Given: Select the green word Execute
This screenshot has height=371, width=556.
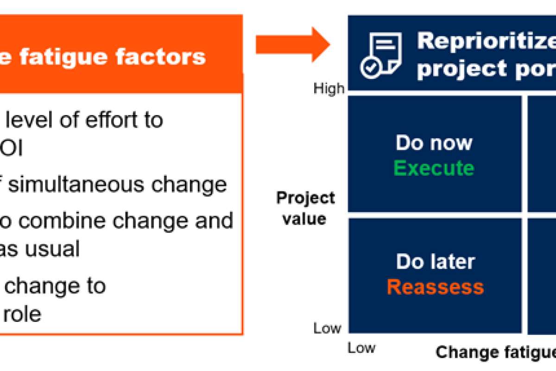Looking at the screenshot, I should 434,168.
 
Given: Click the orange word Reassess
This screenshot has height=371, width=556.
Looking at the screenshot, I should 435,287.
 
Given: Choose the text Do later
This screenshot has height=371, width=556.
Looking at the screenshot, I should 436,262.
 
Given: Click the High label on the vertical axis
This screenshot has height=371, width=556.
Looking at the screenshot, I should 329,89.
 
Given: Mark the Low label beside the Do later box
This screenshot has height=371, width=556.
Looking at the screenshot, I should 328,328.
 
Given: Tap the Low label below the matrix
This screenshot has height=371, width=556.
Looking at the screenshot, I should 361,348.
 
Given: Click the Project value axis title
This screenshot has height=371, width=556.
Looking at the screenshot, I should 305,208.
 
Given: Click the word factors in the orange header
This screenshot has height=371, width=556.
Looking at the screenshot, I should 160,57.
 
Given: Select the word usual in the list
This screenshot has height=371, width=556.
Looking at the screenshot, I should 52,249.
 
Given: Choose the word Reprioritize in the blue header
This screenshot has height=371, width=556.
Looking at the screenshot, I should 486,41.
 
